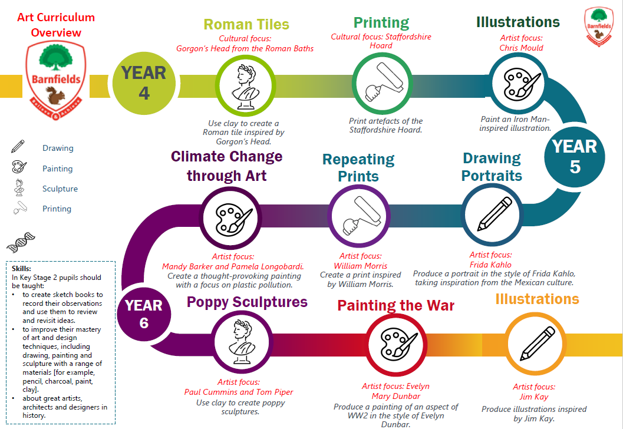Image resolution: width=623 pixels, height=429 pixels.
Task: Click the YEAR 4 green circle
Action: (x=144, y=84)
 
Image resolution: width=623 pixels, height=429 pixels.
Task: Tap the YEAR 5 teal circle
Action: (x=575, y=157)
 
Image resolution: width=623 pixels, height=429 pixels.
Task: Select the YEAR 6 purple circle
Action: (x=144, y=314)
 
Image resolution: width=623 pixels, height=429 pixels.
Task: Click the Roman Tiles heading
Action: (x=246, y=24)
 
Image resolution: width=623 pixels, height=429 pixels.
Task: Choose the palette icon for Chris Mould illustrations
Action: (x=519, y=84)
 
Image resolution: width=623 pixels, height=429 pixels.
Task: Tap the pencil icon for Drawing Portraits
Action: (x=495, y=214)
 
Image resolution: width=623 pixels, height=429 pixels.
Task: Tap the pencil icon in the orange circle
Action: (x=537, y=343)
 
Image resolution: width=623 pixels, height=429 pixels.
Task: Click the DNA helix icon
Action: (x=21, y=242)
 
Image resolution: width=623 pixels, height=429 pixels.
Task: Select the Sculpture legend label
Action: (x=60, y=189)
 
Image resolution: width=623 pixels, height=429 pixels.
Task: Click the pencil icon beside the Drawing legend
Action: (x=18, y=146)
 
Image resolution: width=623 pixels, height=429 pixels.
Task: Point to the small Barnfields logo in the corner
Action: (x=599, y=26)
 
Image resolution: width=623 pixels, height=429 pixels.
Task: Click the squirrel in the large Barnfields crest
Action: (x=55, y=95)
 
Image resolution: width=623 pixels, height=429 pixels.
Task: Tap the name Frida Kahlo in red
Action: (x=490, y=265)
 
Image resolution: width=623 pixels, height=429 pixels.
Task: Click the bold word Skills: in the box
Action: (x=21, y=269)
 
